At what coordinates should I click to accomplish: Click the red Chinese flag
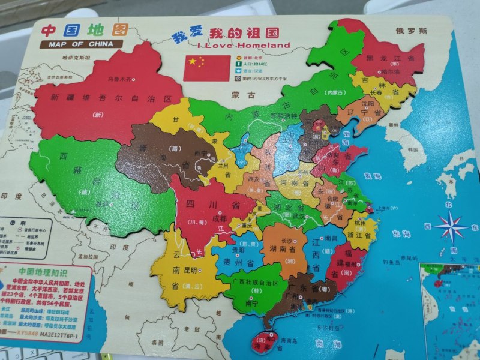pyautogui.click(x=206, y=68)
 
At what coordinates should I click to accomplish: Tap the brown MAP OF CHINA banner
pyautogui.click(x=81, y=44)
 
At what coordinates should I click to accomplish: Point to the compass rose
pyautogui.click(x=451, y=227)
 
